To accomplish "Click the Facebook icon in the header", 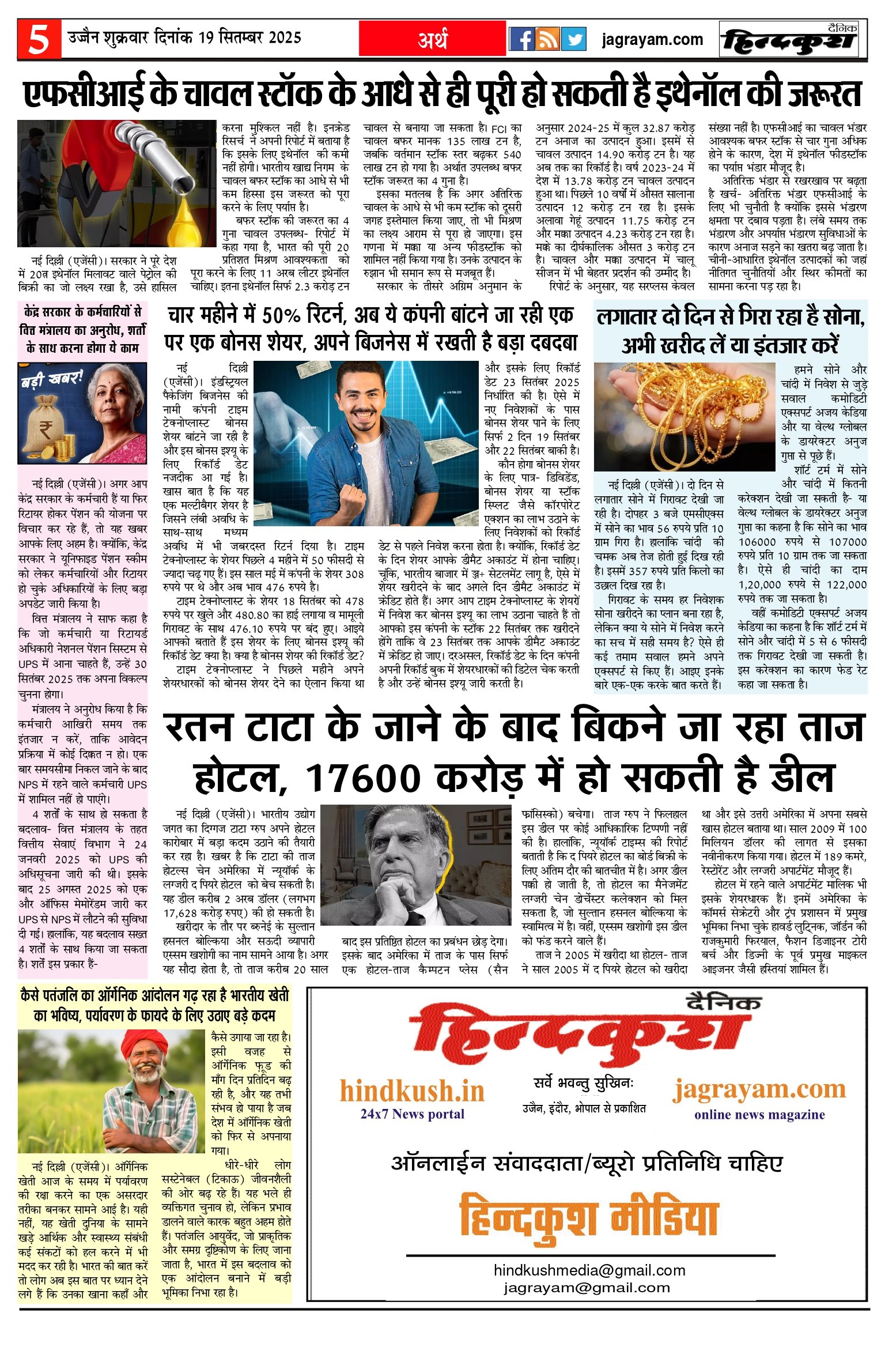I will click(521, 39).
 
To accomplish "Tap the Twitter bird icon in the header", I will click(573, 39).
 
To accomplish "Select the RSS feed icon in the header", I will click(547, 39).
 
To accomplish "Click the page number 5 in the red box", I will click(39, 39).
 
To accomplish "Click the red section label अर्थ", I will click(432, 39).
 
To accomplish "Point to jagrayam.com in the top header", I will click(652, 40).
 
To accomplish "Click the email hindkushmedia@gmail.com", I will click(589, 1270).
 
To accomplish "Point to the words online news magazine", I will click(759, 1115).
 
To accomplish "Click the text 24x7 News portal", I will click(412, 1114).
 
